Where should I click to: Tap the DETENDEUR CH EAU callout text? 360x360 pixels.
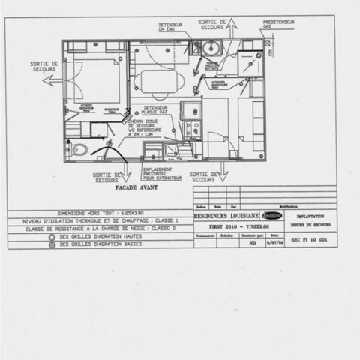pyautogui.click(x=170, y=27)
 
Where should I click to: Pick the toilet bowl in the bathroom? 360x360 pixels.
pyautogui.click(x=79, y=149)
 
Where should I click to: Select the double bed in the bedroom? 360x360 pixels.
pyautogui.click(x=96, y=80)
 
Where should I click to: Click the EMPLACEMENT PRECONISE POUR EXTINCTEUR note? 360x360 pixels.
pyautogui.click(x=163, y=175)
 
